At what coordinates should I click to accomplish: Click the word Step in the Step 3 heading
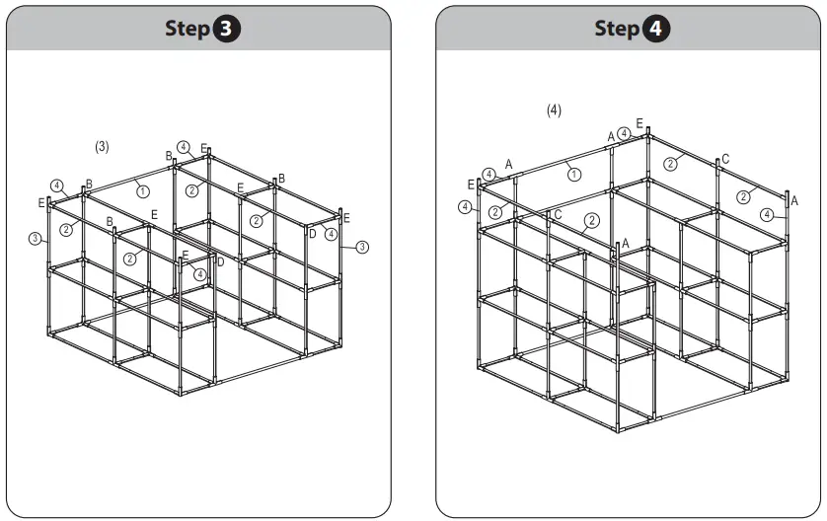(x=188, y=29)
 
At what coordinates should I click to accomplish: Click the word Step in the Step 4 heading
(x=617, y=29)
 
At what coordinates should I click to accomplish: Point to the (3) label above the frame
(x=102, y=146)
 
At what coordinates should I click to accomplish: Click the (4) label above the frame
(x=555, y=111)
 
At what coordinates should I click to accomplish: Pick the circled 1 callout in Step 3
(x=143, y=190)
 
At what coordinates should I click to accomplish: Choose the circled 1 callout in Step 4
(x=573, y=174)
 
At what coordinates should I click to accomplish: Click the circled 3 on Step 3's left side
(x=36, y=238)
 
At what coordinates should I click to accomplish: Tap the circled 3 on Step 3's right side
(x=361, y=247)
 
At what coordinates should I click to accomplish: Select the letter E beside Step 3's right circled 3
(x=346, y=218)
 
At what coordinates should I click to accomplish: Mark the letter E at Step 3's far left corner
(x=41, y=203)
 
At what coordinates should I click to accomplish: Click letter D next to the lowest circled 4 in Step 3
(x=220, y=261)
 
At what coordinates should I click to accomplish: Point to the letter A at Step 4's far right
(x=794, y=200)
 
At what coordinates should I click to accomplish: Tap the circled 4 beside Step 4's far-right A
(x=768, y=214)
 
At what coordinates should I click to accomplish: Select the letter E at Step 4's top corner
(x=639, y=123)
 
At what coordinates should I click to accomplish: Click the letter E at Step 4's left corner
(x=471, y=185)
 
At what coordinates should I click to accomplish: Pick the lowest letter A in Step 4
(x=625, y=244)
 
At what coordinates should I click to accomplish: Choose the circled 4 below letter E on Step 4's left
(x=465, y=207)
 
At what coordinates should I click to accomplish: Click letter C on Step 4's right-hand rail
(x=725, y=159)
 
